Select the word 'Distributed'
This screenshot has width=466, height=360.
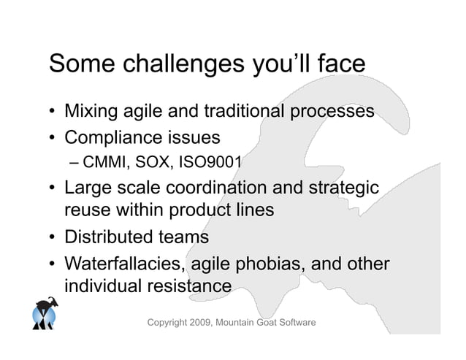click(x=110, y=237)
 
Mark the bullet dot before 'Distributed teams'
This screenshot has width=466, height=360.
click(x=53, y=238)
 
